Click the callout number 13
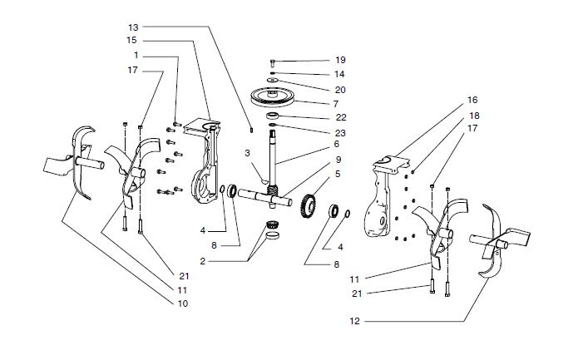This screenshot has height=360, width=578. [x=133, y=27]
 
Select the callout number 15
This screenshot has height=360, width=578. [x=133, y=41]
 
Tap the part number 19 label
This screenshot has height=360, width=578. [x=339, y=61]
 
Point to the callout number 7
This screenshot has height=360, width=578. [x=337, y=104]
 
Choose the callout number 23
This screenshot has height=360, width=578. [x=339, y=131]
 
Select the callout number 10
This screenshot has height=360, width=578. [x=183, y=303]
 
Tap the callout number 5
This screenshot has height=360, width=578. [x=337, y=174]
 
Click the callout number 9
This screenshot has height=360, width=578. [x=338, y=160]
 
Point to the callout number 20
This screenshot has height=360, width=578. [x=339, y=89]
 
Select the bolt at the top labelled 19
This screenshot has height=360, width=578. [x=274, y=62]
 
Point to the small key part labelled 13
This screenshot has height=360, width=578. [x=251, y=129]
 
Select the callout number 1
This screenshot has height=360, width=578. [x=136, y=56]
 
